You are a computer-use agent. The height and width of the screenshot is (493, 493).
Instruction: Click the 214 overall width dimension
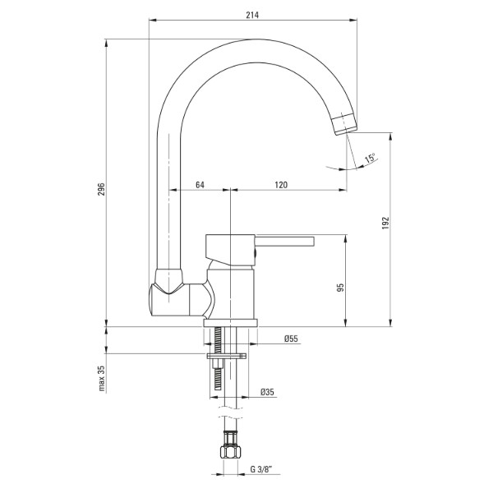pyautogui.click(x=252, y=15)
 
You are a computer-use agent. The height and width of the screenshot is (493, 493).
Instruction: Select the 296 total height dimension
pyautogui.click(x=101, y=189)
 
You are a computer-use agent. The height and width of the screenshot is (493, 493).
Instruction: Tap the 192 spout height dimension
pyautogui.click(x=385, y=223)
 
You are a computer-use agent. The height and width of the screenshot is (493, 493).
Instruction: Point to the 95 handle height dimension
pyautogui.click(x=340, y=288)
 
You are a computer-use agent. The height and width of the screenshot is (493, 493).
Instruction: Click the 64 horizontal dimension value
pyautogui.click(x=200, y=185)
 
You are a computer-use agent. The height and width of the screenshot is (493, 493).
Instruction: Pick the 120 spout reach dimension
pyautogui.click(x=281, y=185)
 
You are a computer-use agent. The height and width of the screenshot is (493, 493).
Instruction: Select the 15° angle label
pyautogui.click(x=370, y=158)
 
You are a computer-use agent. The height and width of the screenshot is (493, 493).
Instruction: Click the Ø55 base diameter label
pyautogui.click(x=291, y=339)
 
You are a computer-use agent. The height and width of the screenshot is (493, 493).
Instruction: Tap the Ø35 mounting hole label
pyautogui.click(x=267, y=392)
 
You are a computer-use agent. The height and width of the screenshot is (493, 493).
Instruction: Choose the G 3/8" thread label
pyautogui.click(x=261, y=469)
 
